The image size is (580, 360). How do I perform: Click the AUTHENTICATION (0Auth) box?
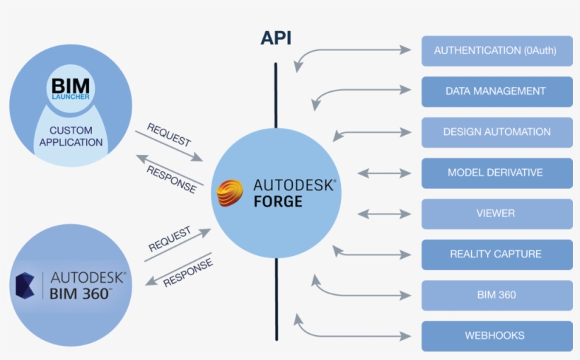(497, 51)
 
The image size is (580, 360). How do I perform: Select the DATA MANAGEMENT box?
(497, 91)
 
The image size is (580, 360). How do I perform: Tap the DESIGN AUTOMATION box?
(497, 132)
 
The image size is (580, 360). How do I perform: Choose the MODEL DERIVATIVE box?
(497, 173)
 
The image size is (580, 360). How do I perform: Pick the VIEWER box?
(497, 214)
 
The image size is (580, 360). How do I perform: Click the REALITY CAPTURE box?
(497, 255)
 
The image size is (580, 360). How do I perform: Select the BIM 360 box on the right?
(497, 295)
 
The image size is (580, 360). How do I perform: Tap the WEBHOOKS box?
(497, 336)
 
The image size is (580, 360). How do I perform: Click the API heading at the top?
(276, 38)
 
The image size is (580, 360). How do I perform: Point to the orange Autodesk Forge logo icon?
(231, 193)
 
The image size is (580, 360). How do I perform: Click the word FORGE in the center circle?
(278, 202)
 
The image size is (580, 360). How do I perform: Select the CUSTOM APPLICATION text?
(71, 137)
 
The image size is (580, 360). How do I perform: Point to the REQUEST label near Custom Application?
(169, 134)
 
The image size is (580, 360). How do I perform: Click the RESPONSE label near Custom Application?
(171, 179)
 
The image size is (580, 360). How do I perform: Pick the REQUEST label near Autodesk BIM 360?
(170, 239)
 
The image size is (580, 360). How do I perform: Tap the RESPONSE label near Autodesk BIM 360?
(187, 273)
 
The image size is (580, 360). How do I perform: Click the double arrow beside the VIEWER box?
(384, 214)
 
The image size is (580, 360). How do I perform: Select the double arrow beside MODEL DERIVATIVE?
(384, 173)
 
